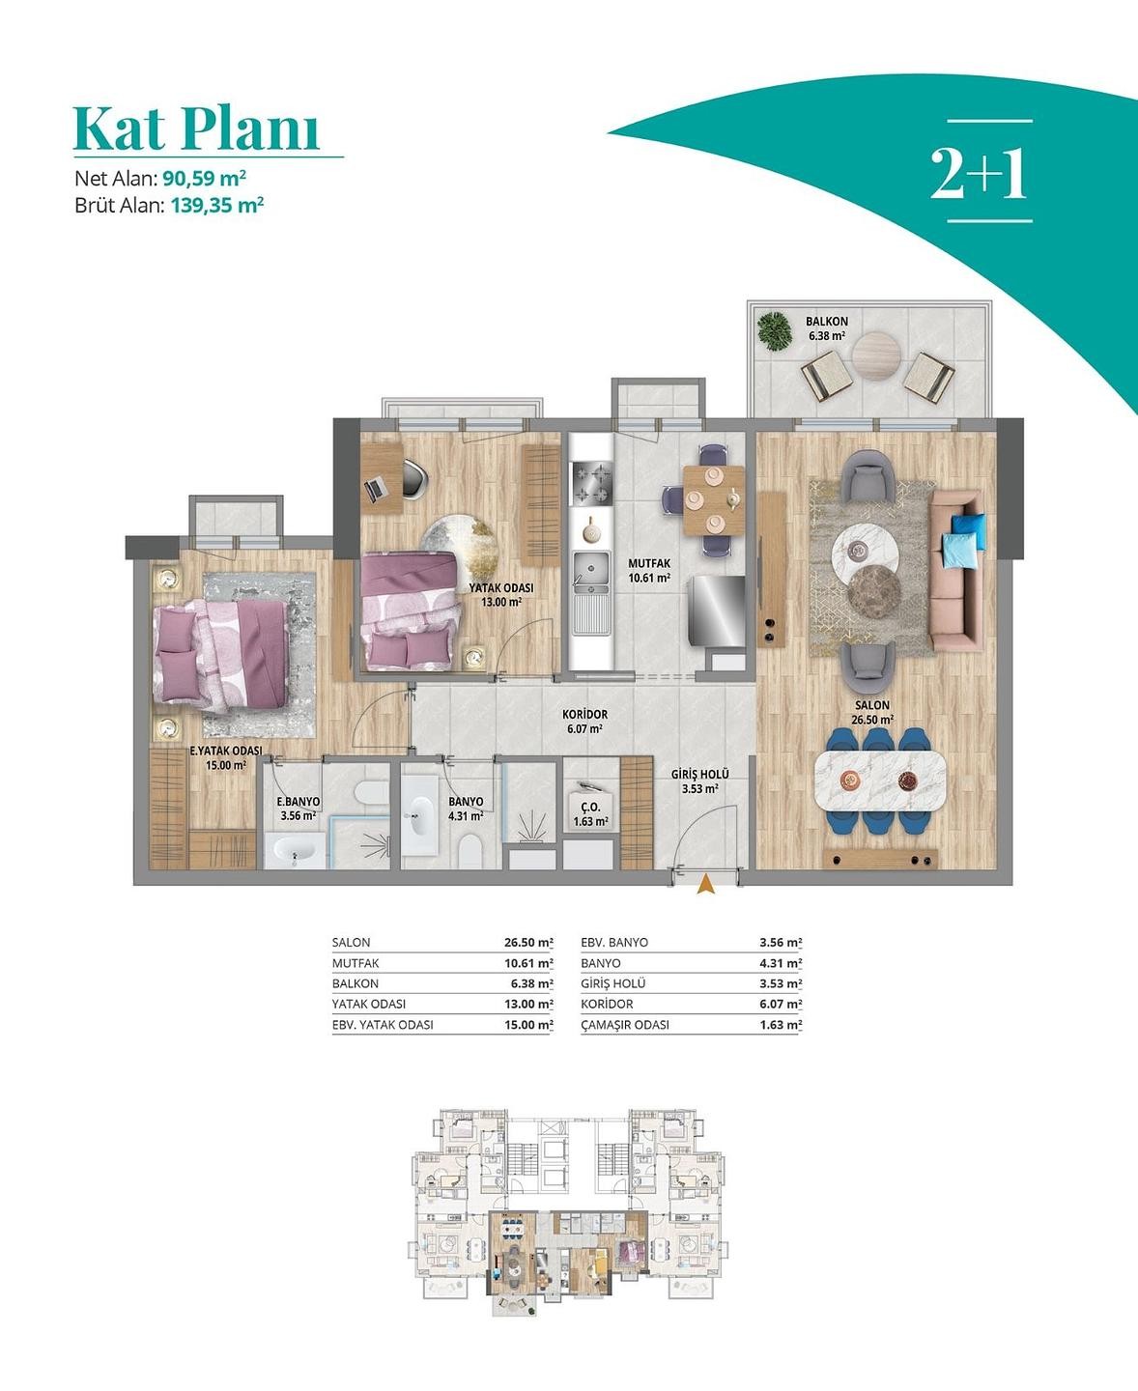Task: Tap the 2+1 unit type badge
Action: (979, 173)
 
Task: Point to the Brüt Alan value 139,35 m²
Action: (217, 205)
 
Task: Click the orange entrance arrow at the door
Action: (706, 884)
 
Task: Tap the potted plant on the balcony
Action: (775, 331)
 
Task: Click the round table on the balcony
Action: (876, 356)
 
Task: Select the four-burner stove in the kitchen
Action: (592, 483)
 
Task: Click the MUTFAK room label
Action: (649, 563)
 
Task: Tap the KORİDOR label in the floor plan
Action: (584, 714)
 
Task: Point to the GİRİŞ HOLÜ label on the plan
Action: (700, 775)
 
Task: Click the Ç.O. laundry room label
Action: (590, 808)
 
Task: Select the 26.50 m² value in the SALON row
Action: (528, 943)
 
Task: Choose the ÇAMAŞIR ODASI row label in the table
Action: (625, 1025)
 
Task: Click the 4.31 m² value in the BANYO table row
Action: (781, 963)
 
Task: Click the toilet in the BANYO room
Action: (469, 851)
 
